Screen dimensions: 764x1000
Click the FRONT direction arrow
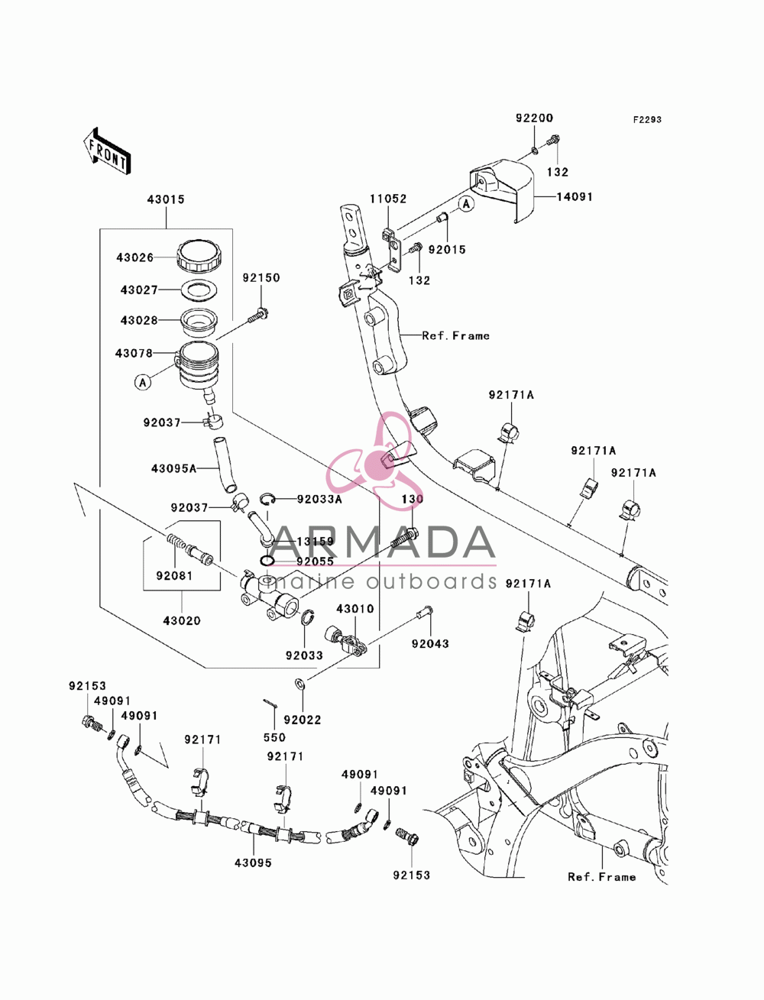[x=107, y=150]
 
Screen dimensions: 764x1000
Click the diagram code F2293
[x=647, y=120]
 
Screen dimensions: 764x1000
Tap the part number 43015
[x=166, y=199]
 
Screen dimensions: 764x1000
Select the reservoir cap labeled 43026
[x=199, y=255]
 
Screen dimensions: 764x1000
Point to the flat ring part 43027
[x=199, y=290]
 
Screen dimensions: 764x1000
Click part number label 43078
[x=134, y=353]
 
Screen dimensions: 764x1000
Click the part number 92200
[x=534, y=118]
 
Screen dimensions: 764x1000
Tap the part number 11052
[x=388, y=199]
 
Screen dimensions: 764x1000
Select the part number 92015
[x=447, y=250]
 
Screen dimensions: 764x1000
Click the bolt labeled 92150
[x=258, y=316]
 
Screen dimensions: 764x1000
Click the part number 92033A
[x=319, y=500]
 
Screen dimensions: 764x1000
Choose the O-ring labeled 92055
[x=267, y=561]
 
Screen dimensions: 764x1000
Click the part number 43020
[x=182, y=620]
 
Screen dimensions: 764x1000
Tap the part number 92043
[x=430, y=644]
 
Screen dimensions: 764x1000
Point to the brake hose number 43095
[x=253, y=862]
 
